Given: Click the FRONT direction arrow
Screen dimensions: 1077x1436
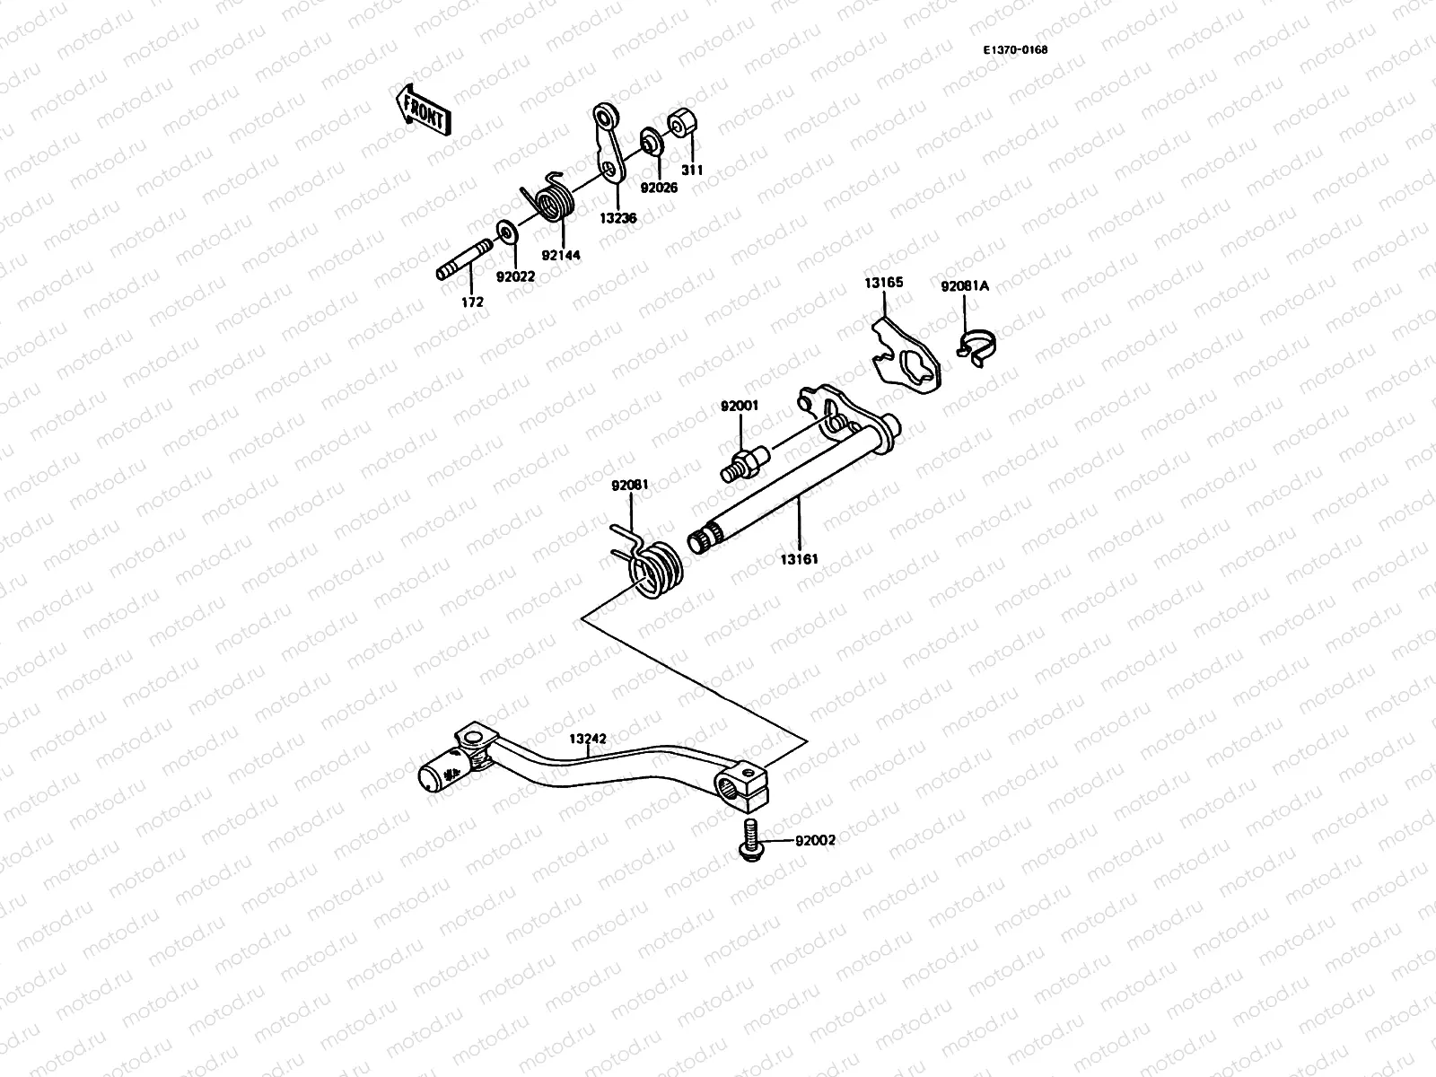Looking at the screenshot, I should [x=425, y=109].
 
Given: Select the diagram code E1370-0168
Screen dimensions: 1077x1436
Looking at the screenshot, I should [x=1015, y=50].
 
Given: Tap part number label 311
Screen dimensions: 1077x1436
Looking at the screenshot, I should [x=692, y=170].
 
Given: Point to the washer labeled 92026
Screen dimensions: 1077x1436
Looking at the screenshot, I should [x=648, y=142].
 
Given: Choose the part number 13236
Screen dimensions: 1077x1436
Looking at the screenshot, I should [x=620, y=218].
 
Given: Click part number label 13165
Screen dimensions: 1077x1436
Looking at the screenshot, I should [x=884, y=283].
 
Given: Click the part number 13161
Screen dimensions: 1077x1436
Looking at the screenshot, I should [x=799, y=559].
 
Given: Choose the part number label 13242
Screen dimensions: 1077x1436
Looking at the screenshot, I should [x=587, y=739].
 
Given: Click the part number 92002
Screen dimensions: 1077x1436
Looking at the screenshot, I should [x=815, y=841].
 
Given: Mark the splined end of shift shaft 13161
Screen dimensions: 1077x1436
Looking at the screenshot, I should [x=705, y=540].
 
